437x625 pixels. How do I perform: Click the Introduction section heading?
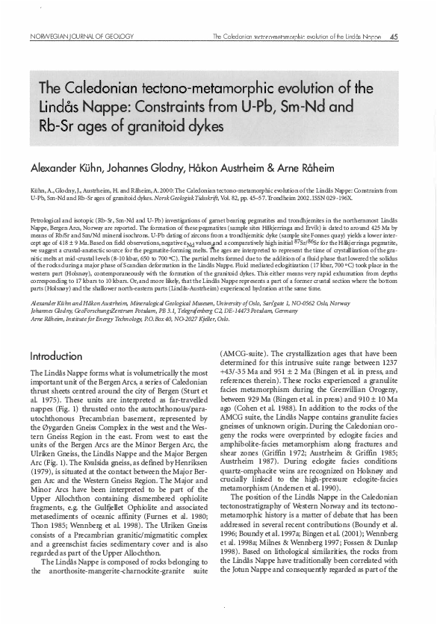(x=56, y=356)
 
